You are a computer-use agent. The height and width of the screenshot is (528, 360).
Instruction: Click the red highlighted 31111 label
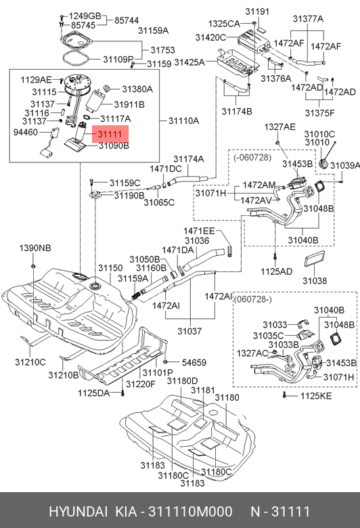point(108,135)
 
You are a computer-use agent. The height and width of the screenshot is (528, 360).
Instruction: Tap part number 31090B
point(113,146)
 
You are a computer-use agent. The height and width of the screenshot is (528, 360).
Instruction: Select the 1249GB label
point(85,16)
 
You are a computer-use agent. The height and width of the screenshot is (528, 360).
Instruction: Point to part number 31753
point(162,50)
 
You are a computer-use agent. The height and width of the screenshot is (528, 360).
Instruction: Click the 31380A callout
point(137,89)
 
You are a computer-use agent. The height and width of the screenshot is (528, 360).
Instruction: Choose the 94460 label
point(26,133)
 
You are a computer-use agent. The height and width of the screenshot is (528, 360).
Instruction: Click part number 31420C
point(210,37)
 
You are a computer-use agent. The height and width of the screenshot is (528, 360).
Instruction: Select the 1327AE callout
point(279,127)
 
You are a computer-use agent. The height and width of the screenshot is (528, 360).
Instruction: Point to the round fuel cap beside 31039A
point(325,164)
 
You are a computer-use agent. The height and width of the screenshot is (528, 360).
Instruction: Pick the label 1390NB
point(35,248)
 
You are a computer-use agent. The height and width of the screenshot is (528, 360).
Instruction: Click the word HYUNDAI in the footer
point(75,510)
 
